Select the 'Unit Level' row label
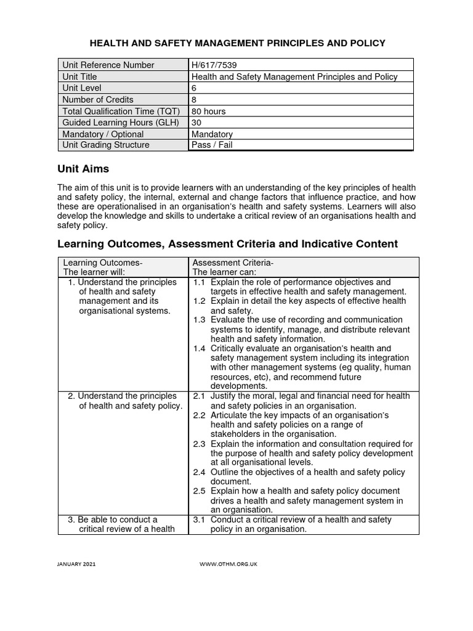coord(84,88)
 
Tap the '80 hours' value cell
coord(209,112)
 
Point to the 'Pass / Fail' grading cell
coord(212,145)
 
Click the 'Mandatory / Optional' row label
coord(103,134)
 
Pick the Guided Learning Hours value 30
coord(197,123)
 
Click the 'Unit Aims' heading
coord(83,169)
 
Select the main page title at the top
coord(238,43)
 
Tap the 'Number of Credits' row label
coord(98,100)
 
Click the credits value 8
coord(195,100)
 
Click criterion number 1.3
coord(199,320)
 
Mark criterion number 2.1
coord(199,396)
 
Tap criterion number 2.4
coord(199,472)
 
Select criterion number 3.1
coord(199,520)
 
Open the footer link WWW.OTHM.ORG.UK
coord(228,564)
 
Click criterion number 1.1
coord(199,282)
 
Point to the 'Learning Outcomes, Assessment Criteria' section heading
coord(227,244)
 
